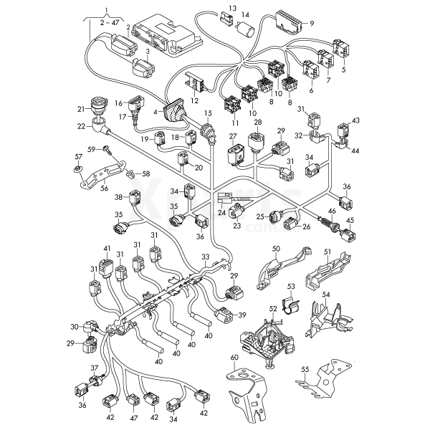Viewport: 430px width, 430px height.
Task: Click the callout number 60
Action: click(233, 356)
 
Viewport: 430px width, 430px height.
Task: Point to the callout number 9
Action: click(312, 24)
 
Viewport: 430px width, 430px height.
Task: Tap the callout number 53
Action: click(291, 287)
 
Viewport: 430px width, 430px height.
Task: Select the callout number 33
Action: click(205, 257)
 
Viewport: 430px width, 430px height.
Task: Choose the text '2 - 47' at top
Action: click(110, 23)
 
